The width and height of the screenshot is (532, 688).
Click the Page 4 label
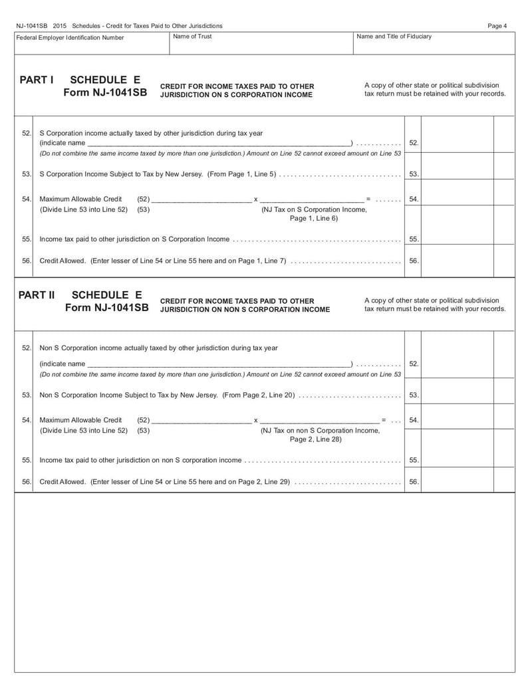(497, 26)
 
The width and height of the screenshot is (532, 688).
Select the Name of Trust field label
(192, 37)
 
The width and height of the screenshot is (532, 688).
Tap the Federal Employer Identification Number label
(70, 37)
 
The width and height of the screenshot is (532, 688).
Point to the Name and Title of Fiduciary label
(394, 37)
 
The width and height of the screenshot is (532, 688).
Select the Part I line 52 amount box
(458, 143)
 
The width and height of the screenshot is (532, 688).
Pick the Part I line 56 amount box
(458, 261)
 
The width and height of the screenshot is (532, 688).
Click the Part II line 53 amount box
(458, 395)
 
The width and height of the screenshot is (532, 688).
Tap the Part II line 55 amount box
(458, 459)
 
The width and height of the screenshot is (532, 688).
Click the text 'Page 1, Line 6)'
(313, 218)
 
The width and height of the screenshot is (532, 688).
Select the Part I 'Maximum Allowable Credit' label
(80, 199)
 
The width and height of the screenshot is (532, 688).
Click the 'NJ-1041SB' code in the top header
(31, 26)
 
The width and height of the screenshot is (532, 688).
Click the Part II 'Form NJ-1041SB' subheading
(106, 308)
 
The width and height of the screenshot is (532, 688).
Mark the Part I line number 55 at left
(27, 239)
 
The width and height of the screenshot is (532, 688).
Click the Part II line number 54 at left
(27, 420)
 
